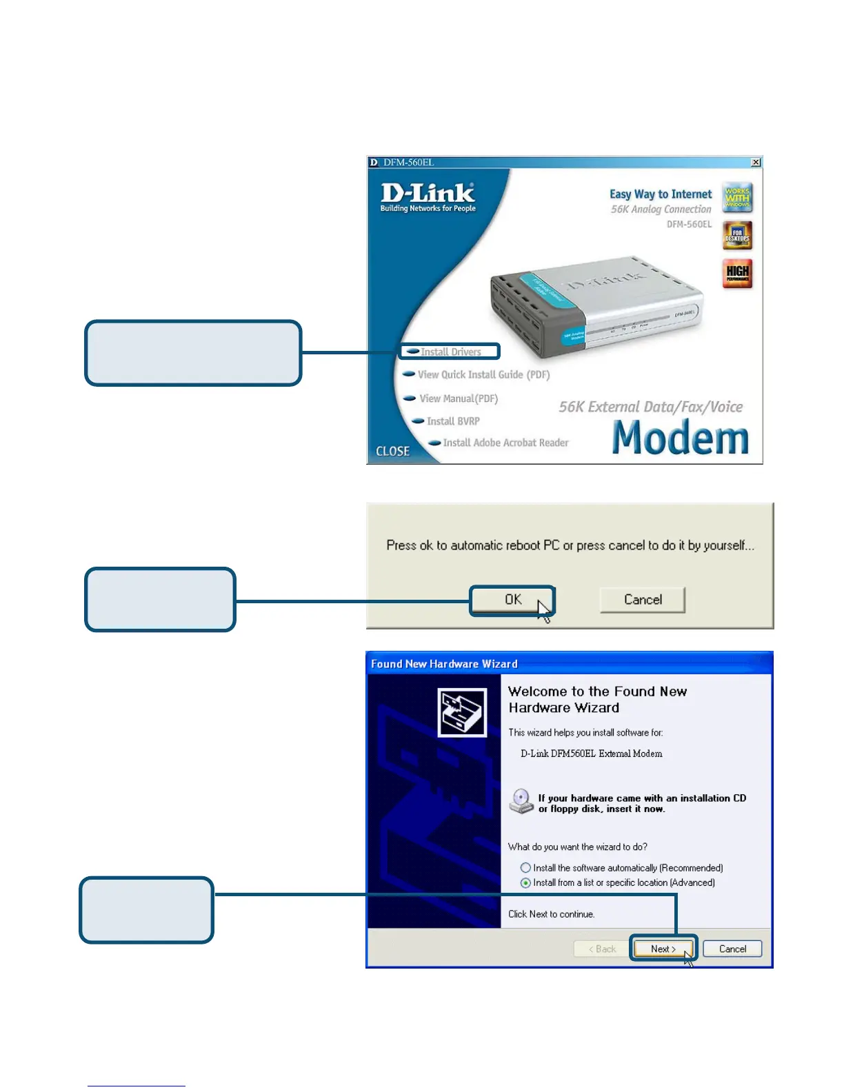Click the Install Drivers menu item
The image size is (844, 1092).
(450, 352)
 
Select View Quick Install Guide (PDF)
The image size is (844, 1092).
(483, 375)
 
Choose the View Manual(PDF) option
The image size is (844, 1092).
(458, 398)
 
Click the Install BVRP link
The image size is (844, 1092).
(452, 421)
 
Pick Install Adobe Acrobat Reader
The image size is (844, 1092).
(505, 443)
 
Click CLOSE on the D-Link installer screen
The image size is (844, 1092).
(392, 451)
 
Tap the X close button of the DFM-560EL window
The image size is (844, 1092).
(756, 163)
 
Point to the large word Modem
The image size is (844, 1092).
(680, 438)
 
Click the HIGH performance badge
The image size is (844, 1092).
(737, 273)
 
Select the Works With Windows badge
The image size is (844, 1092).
(737, 198)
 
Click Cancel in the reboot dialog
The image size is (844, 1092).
(643, 600)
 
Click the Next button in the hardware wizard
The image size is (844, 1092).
(663, 949)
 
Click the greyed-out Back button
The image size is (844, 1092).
(602, 949)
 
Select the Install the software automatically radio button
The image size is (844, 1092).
(526, 868)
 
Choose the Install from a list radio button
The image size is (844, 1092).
(526, 883)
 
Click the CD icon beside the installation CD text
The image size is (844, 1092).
(521, 801)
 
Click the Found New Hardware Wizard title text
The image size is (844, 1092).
(444, 664)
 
